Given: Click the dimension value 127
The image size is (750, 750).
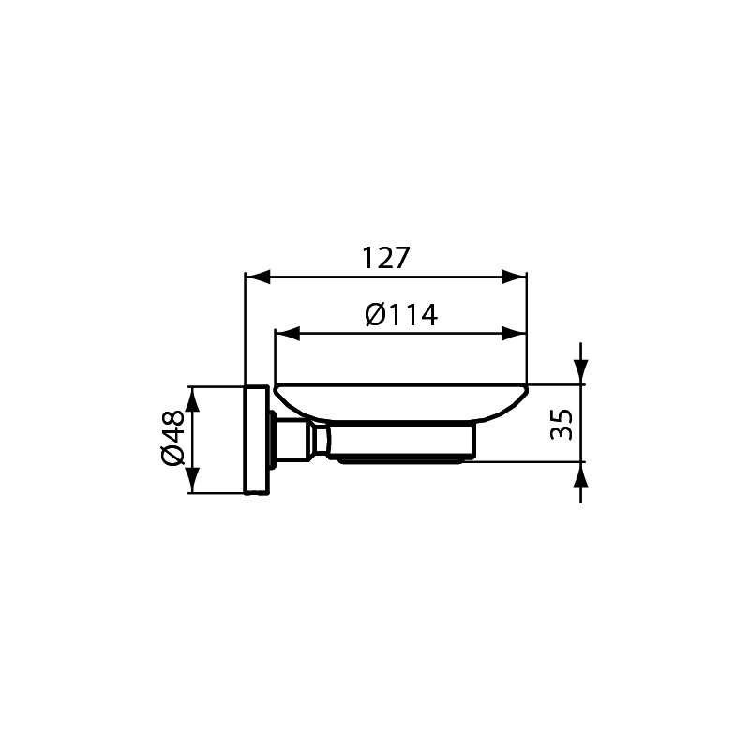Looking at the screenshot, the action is coord(385,258).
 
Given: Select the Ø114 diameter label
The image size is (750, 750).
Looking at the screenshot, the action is coord(401,315).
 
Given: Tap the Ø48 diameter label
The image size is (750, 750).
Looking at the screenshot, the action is coord(172,438).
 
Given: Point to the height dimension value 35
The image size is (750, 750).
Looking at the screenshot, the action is coord(562,424).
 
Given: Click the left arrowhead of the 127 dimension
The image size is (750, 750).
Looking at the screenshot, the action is coord(257,277).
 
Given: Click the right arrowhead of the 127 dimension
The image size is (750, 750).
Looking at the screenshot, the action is coord(514,277).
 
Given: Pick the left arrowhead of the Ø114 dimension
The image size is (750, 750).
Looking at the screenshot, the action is coord(288,334).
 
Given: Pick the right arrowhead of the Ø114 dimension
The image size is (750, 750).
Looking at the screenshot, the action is coord(514,334).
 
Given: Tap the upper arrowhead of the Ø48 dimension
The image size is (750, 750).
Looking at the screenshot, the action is coord(192,398).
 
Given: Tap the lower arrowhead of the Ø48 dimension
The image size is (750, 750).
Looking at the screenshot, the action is coord(192,480).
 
